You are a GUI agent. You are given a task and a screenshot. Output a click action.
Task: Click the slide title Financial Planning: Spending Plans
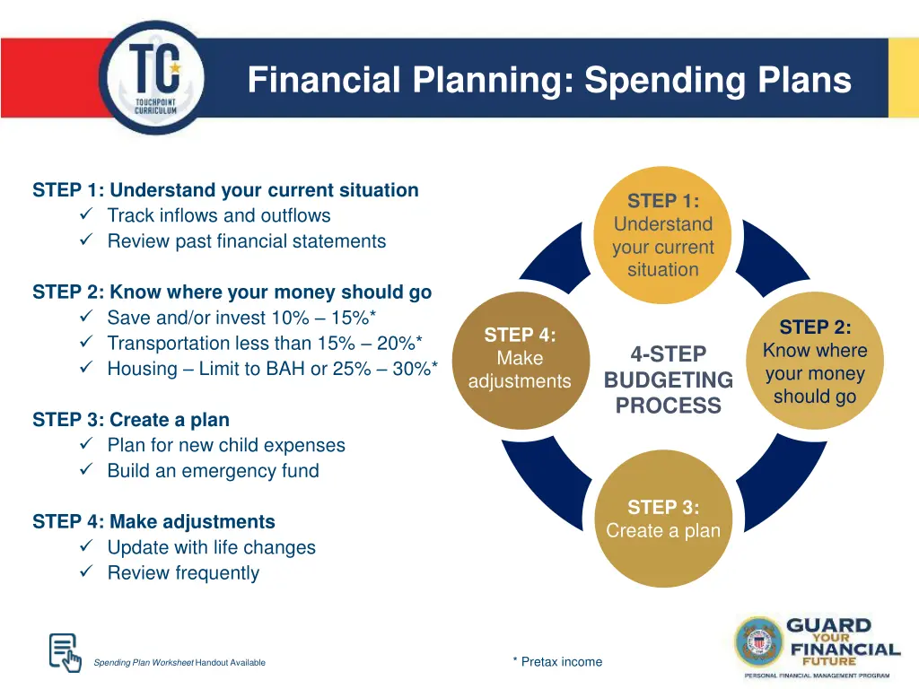(548, 80)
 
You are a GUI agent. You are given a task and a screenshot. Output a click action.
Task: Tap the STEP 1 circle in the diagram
(662, 235)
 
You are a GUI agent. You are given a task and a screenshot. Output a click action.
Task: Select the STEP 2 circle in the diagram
(814, 362)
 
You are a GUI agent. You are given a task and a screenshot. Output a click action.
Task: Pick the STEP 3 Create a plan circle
(662, 519)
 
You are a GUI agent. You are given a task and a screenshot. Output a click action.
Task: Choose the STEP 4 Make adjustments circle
(520, 358)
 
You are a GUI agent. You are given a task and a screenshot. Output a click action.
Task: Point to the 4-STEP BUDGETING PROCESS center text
(668, 379)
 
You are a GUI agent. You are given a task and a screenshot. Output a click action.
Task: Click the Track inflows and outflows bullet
(218, 215)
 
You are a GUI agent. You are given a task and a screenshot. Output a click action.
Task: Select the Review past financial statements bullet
(246, 241)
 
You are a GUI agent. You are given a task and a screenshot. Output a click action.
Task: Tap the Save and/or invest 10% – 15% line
(241, 318)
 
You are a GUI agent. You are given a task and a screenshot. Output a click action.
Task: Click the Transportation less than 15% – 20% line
(265, 343)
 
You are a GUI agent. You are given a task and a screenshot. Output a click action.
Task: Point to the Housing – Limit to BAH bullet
(272, 369)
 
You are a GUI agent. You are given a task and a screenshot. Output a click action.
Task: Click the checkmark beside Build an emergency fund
(86, 471)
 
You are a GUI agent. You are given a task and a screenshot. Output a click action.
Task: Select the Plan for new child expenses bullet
(225, 445)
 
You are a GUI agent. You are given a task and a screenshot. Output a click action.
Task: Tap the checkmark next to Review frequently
(86, 573)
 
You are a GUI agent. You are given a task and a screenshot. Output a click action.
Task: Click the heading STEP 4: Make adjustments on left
(153, 522)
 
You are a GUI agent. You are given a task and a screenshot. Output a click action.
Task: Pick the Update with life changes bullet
(211, 547)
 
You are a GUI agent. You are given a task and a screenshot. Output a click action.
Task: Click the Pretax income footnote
(557, 662)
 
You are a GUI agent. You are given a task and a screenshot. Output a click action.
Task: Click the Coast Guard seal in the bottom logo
(759, 641)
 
